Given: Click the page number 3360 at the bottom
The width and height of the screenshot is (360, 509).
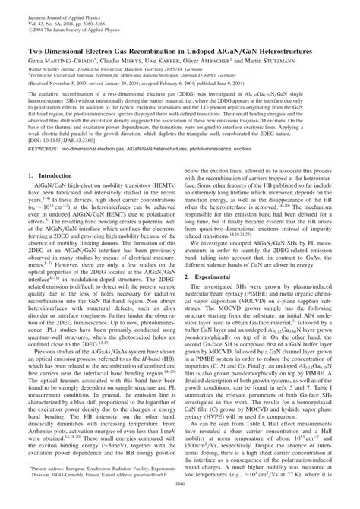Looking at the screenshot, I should click(x=180, y=502).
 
